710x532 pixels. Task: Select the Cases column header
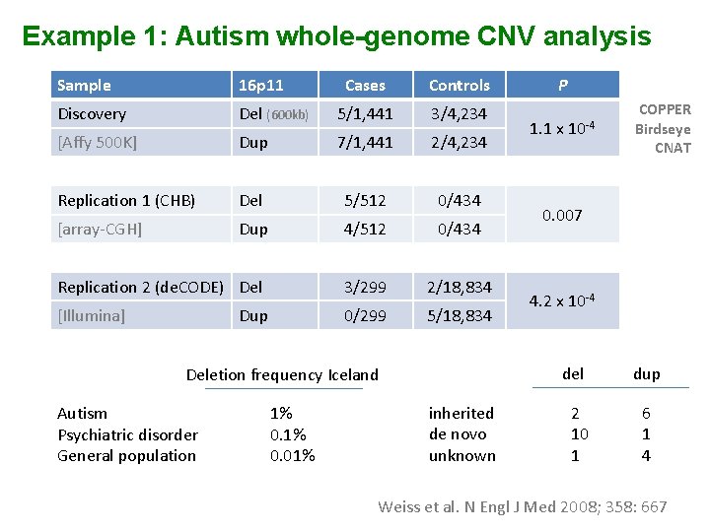(365, 86)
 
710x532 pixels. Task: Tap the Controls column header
(460, 86)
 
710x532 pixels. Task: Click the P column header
(562, 86)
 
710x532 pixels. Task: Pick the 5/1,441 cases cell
(365, 114)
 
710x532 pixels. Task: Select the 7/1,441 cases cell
(365, 143)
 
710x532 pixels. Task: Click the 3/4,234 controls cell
(460, 114)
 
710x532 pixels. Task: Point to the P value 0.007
(562, 215)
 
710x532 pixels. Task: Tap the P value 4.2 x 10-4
(562, 301)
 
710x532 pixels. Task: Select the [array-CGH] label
(100, 230)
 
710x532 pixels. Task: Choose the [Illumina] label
(92, 316)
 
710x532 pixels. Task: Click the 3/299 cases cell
(365, 288)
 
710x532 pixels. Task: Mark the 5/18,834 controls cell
(460, 316)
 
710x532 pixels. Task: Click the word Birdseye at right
(663, 129)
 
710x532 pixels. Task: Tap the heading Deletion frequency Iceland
(282, 375)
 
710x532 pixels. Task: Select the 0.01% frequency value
(292, 456)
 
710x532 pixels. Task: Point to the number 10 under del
(579, 434)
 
